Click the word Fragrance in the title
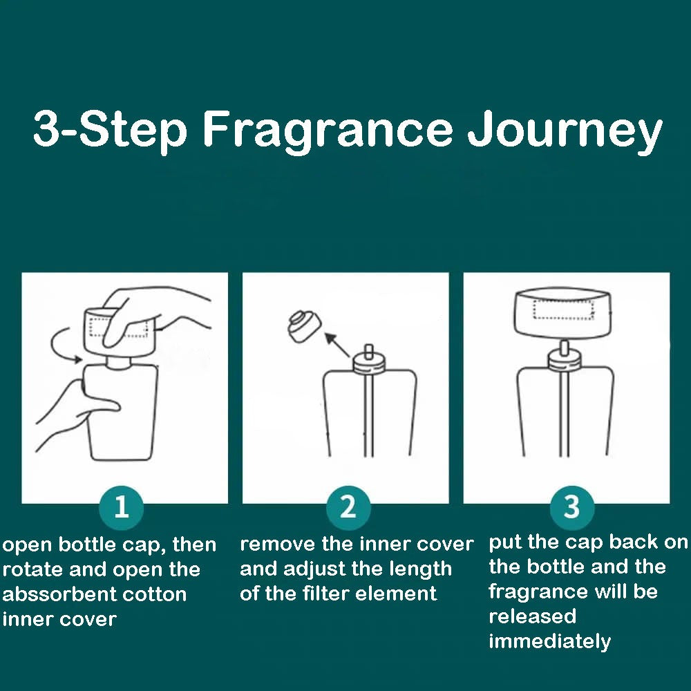click(x=328, y=131)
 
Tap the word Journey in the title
click(x=565, y=131)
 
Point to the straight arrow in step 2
click(x=337, y=345)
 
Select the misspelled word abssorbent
click(x=46, y=594)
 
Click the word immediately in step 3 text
click(x=549, y=642)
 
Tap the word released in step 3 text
click(x=532, y=616)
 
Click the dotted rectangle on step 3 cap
click(x=564, y=310)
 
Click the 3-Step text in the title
click(x=110, y=131)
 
